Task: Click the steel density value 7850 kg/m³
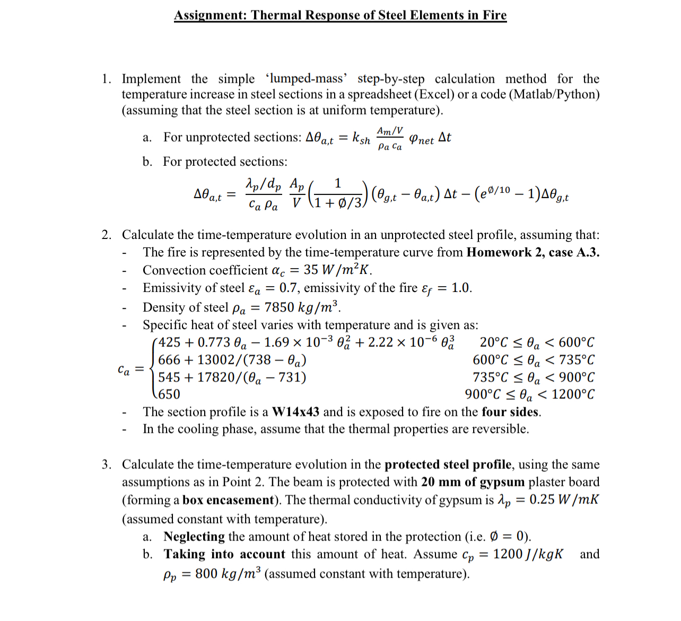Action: (x=301, y=307)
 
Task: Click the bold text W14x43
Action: (x=295, y=412)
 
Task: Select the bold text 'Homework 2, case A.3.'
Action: (x=532, y=252)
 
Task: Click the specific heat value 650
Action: (x=169, y=394)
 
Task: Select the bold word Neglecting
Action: (x=194, y=536)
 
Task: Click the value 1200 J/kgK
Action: (x=528, y=554)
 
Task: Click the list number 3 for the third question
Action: (x=106, y=465)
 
